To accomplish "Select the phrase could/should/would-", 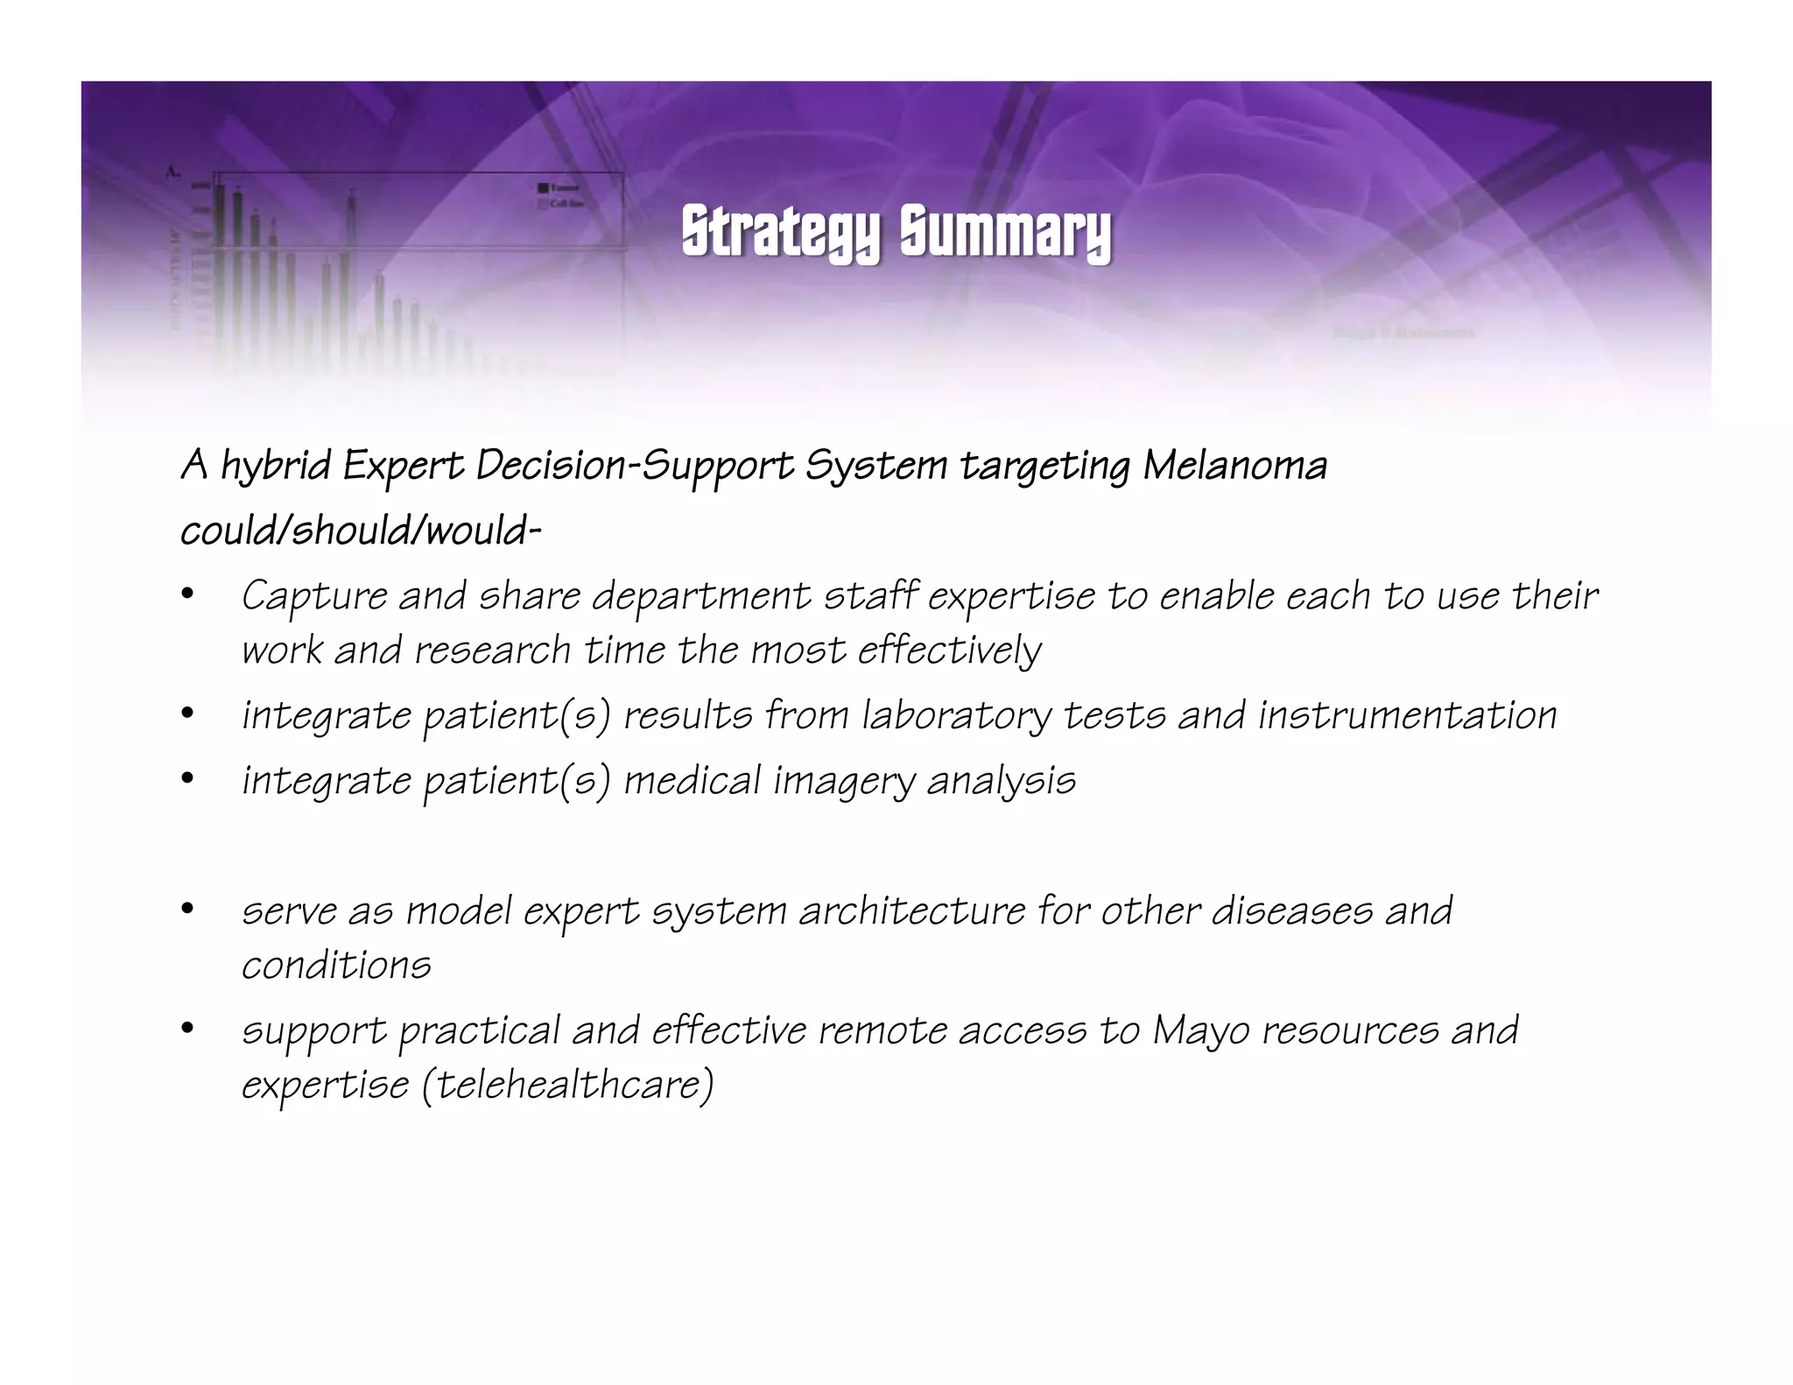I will click(361, 531).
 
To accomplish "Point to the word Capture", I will click(314, 596).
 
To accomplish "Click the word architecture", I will click(911, 910).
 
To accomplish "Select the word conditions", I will click(336, 965).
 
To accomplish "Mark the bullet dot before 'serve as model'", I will click(186, 909).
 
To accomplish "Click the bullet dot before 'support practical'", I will click(186, 1029).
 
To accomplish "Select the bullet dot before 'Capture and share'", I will click(186, 594).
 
